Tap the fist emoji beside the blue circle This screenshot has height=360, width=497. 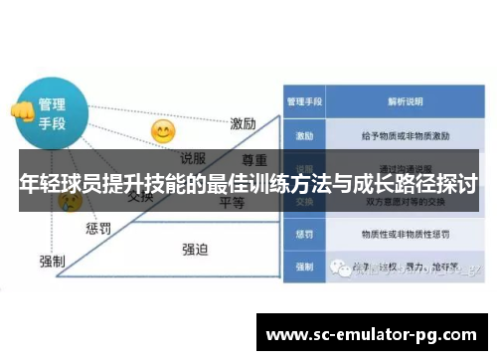(19, 110)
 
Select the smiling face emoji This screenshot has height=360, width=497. (162, 130)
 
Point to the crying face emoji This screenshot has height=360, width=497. (71, 201)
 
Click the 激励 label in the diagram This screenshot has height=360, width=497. (244, 124)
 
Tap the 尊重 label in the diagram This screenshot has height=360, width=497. (256, 159)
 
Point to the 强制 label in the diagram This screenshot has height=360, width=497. (52, 261)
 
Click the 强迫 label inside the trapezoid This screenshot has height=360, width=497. (195, 250)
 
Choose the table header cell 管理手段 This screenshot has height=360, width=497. (305, 100)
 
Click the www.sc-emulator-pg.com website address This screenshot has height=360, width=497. (373, 332)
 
